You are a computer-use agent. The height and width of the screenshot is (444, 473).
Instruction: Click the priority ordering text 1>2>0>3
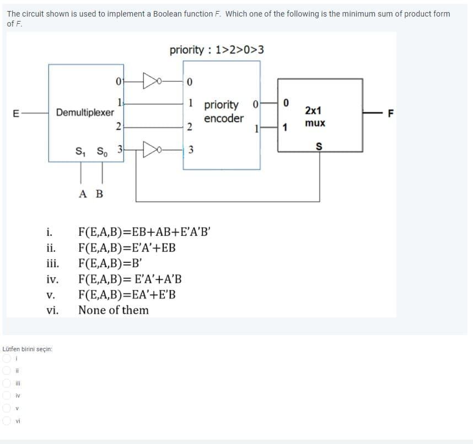(x=217, y=50)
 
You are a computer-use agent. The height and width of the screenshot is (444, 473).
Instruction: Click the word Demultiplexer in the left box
(x=85, y=112)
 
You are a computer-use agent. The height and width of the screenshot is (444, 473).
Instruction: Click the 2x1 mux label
(x=315, y=115)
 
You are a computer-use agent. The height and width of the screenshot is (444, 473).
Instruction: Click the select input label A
(x=82, y=194)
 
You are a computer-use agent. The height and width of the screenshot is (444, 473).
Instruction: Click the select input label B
(x=99, y=194)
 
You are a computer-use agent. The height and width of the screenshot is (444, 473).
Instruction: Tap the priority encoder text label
(x=222, y=112)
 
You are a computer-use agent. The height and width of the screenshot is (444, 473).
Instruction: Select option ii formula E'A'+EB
(x=127, y=247)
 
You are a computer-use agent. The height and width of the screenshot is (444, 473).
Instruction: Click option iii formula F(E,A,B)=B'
(x=111, y=263)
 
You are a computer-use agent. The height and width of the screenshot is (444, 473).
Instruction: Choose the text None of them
(x=113, y=310)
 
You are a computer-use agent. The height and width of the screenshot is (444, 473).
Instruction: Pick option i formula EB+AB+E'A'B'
(x=144, y=232)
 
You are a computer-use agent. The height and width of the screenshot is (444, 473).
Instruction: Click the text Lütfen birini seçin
(x=28, y=348)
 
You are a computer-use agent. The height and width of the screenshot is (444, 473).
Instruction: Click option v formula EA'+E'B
(x=127, y=294)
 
